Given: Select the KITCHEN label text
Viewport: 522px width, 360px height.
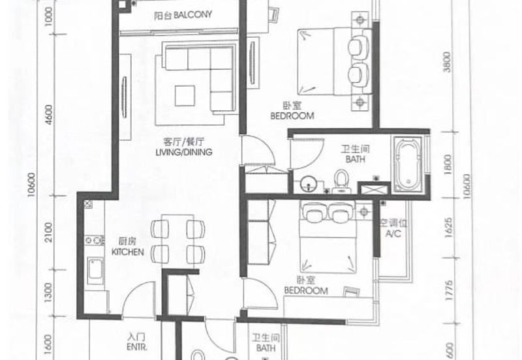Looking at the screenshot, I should (127, 252).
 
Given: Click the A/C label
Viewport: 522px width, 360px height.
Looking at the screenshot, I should (393, 233).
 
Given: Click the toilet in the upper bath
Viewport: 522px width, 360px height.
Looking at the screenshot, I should (341, 178).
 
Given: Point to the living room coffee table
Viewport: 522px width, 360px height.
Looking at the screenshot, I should (188, 96).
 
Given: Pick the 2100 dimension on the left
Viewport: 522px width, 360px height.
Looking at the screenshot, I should (48, 230).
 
